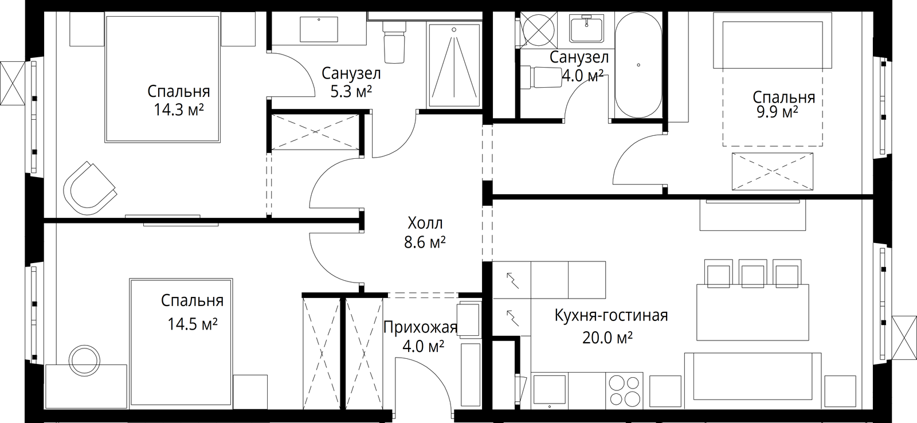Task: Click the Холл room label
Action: (425, 224)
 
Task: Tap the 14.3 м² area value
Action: (178, 109)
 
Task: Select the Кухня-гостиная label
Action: (611, 315)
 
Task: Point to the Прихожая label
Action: (420, 328)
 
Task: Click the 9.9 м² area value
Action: (777, 112)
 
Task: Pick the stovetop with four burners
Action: (624, 391)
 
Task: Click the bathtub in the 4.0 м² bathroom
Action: (638, 65)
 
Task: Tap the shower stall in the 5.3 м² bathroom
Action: (453, 65)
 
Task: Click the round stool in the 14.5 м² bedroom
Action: (84, 359)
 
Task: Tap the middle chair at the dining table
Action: (753, 273)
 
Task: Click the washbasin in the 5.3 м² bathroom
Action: (319, 29)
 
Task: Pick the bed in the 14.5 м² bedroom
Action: (181, 343)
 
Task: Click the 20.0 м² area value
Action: (608, 338)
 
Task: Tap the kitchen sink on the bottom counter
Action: (550, 391)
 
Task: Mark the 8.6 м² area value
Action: (425, 242)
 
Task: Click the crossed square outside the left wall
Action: (12, 84)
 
